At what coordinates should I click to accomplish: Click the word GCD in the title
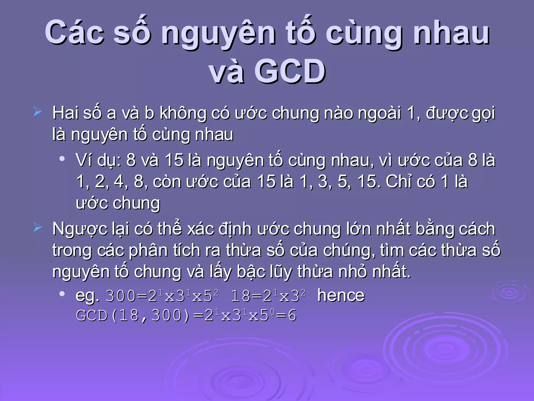tap(290, 71)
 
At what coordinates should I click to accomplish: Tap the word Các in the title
tap(75, 33)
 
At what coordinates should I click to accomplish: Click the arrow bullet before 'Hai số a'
tap(37, 112)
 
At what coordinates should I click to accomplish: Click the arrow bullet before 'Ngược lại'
tap(37, 228)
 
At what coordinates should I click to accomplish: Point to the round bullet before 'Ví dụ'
tap(62, 159)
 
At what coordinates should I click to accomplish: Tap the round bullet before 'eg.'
tap(62, 294)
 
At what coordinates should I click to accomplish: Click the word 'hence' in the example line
tap(341, 296)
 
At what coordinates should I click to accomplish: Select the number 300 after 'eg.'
tap(121, 296)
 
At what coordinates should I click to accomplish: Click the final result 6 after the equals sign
tap(292, 315)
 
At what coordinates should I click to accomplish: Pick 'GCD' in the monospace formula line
tap(92, 315)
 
